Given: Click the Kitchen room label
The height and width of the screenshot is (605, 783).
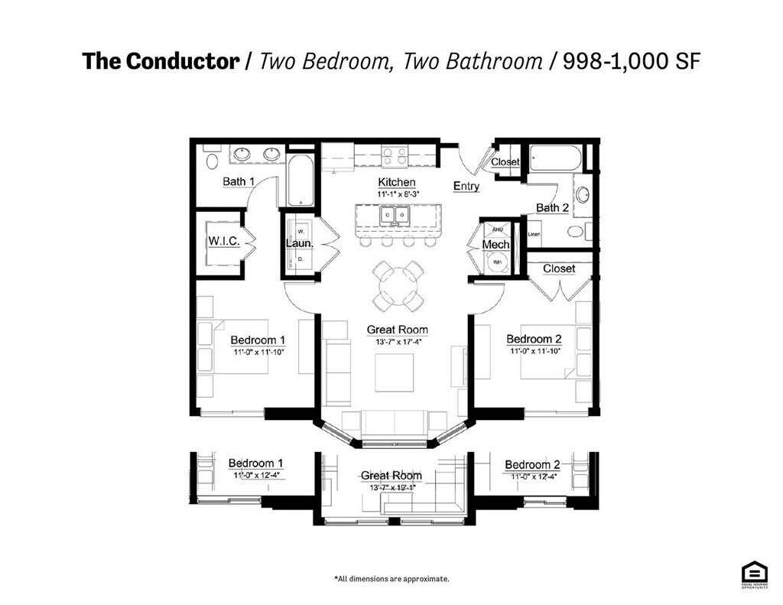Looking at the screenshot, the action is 397,182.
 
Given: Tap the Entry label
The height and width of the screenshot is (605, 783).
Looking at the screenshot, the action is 466,186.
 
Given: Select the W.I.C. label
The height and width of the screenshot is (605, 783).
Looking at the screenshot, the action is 224,241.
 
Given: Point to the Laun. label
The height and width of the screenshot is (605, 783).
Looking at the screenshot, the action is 300,243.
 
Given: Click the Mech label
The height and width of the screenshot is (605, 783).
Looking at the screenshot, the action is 495,245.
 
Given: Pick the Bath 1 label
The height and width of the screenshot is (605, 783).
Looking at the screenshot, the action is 239,181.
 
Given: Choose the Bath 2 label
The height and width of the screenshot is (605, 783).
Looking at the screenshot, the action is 552,207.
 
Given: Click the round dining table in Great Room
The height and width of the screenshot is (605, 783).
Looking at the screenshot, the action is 398,286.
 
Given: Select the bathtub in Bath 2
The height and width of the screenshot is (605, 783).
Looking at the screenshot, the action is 556,158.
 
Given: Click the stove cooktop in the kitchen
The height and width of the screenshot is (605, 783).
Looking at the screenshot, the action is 395,157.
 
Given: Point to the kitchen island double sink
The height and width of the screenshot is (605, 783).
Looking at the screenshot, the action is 395,216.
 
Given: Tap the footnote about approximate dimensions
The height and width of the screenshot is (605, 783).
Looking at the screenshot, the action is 391,579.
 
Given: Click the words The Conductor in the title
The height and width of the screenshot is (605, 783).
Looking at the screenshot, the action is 161,62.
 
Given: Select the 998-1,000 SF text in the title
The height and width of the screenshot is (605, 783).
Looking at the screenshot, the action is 631,62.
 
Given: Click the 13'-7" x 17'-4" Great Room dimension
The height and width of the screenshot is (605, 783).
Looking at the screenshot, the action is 397,342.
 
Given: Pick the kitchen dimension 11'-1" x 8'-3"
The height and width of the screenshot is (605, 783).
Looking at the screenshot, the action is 397,194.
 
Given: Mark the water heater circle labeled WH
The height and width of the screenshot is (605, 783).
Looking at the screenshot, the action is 497,262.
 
